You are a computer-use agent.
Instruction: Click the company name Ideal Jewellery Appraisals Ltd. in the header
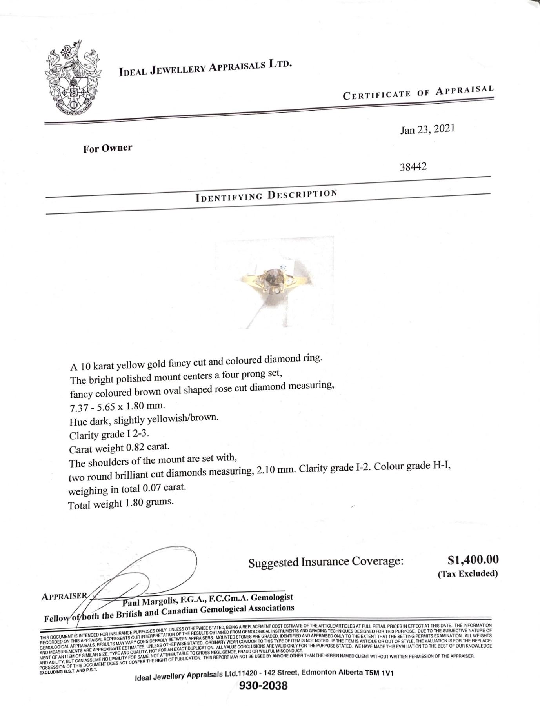pos(205,67)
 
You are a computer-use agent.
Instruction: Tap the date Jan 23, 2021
pos(427,129)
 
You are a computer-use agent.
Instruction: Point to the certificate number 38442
pos(413,167)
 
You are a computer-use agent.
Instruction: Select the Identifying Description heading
pos(266,195)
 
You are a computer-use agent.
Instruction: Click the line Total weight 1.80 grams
pos(121,504)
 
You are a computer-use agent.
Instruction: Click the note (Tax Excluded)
pos(467,573)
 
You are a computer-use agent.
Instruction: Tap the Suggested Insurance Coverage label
pos(325,562)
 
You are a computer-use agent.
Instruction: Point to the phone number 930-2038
pos(264,696)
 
